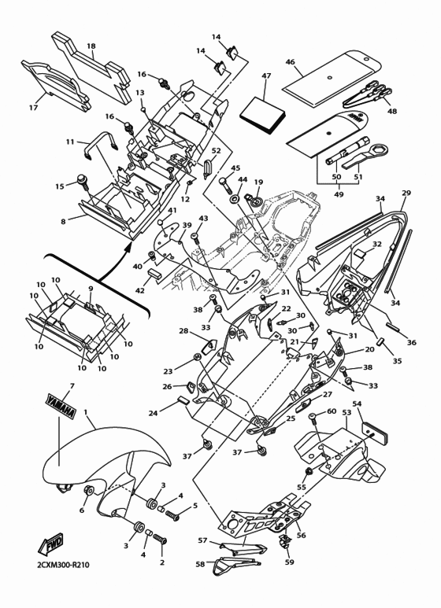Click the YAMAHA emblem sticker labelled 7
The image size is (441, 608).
[61, 407]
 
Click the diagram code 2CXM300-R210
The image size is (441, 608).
[63, 565]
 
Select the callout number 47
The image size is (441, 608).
[266, 76]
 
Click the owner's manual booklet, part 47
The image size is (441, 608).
[263, 114]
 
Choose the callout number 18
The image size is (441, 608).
[91, 46]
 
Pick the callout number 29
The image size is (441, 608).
[406, 193]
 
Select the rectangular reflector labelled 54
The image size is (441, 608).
[375, 433]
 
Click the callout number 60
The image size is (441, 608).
[332, 411]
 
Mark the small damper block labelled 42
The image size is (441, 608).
[153, 273]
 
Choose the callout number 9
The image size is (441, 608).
[91, 289]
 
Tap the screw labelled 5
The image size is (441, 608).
[172, 515]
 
